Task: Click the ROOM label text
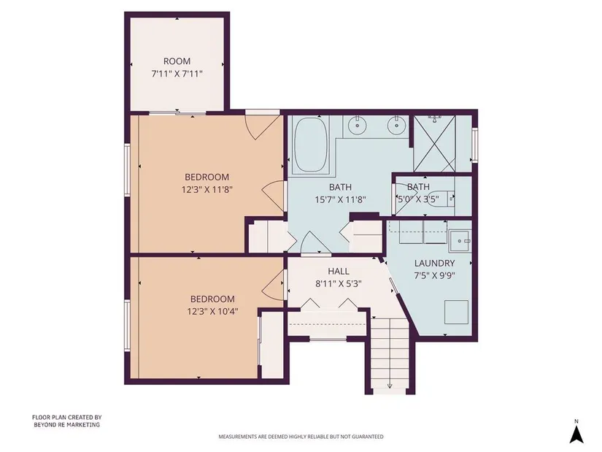click(x=177, y=61)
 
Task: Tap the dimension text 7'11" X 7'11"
click(x=177, y=74)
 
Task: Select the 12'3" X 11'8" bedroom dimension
click(x=207, y=189)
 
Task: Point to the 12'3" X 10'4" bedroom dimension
click(x=212, y=311)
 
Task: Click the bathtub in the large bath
click(x=311, y=145)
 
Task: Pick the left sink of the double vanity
click(x=358, y=125)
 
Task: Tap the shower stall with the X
click(x=434, y=143)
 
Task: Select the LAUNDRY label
click(x=435, y=264)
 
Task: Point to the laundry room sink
click(x=460, y=241)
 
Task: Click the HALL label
click(x=339, y=272)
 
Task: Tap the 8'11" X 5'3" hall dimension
click(x=339, y=284)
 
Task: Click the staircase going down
click(x=390, y=353)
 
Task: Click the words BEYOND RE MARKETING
click(x=67, y=425)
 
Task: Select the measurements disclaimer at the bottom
click(x=301, y=437)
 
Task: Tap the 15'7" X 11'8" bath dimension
click(x=341, y=200)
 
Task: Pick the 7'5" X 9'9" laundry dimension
click(x=435, y=275)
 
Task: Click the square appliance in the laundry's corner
click(x=457, y=312)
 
